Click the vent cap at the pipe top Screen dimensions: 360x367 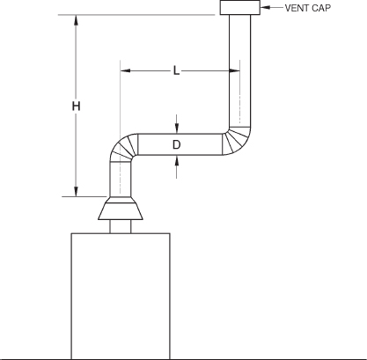[240, 9]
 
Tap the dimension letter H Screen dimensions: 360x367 [76, 106]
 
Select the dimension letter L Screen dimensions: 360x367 [176, 70]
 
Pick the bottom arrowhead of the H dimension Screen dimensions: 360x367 [76, 190]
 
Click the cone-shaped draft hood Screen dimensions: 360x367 [120, 209]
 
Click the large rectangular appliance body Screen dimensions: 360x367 [120, 295]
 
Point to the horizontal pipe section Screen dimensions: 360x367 [180, 144]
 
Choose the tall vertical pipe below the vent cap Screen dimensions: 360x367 [240, 70]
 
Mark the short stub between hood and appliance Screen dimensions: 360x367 [120, 227]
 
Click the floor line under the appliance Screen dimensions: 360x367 [264, 356]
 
